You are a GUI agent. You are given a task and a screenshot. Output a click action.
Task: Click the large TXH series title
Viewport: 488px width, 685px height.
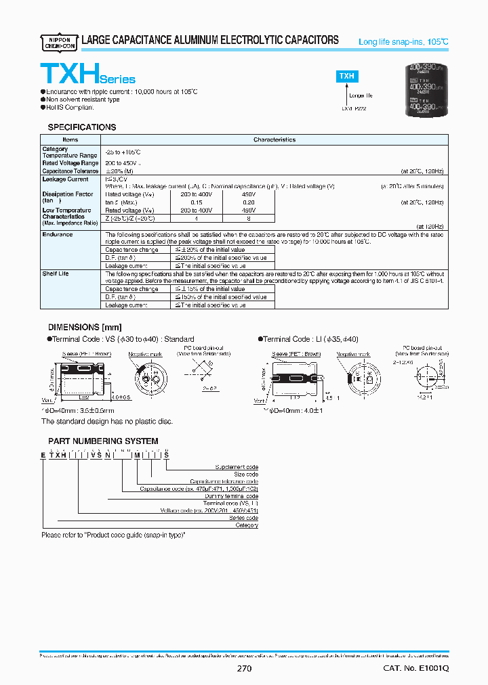point(87,72)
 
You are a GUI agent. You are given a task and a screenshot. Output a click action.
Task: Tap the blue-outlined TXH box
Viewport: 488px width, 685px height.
point(347,76)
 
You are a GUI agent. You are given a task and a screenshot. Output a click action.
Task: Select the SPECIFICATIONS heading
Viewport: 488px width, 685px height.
point(81,127)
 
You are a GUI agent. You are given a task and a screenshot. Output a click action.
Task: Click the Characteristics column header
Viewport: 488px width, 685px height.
point(274,139)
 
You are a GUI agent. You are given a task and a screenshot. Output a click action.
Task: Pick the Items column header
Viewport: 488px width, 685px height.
point(70,139)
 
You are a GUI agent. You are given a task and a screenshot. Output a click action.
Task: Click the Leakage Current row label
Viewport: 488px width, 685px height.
point(65,179)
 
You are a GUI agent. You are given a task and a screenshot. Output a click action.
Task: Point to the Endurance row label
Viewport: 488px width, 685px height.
point(58,234)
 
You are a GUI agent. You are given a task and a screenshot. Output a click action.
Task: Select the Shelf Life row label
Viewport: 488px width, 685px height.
point(56,273)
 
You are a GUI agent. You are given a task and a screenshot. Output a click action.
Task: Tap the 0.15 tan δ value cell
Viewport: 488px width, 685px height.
point(197,202)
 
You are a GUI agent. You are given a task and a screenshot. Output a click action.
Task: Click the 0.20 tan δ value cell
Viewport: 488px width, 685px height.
point(249,202)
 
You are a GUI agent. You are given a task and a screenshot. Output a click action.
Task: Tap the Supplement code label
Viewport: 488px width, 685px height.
point(237,467)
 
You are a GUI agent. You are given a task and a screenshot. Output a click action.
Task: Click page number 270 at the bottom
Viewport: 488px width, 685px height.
point(245,669)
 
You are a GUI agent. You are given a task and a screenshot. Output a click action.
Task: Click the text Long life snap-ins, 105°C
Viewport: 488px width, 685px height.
point(403,42)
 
